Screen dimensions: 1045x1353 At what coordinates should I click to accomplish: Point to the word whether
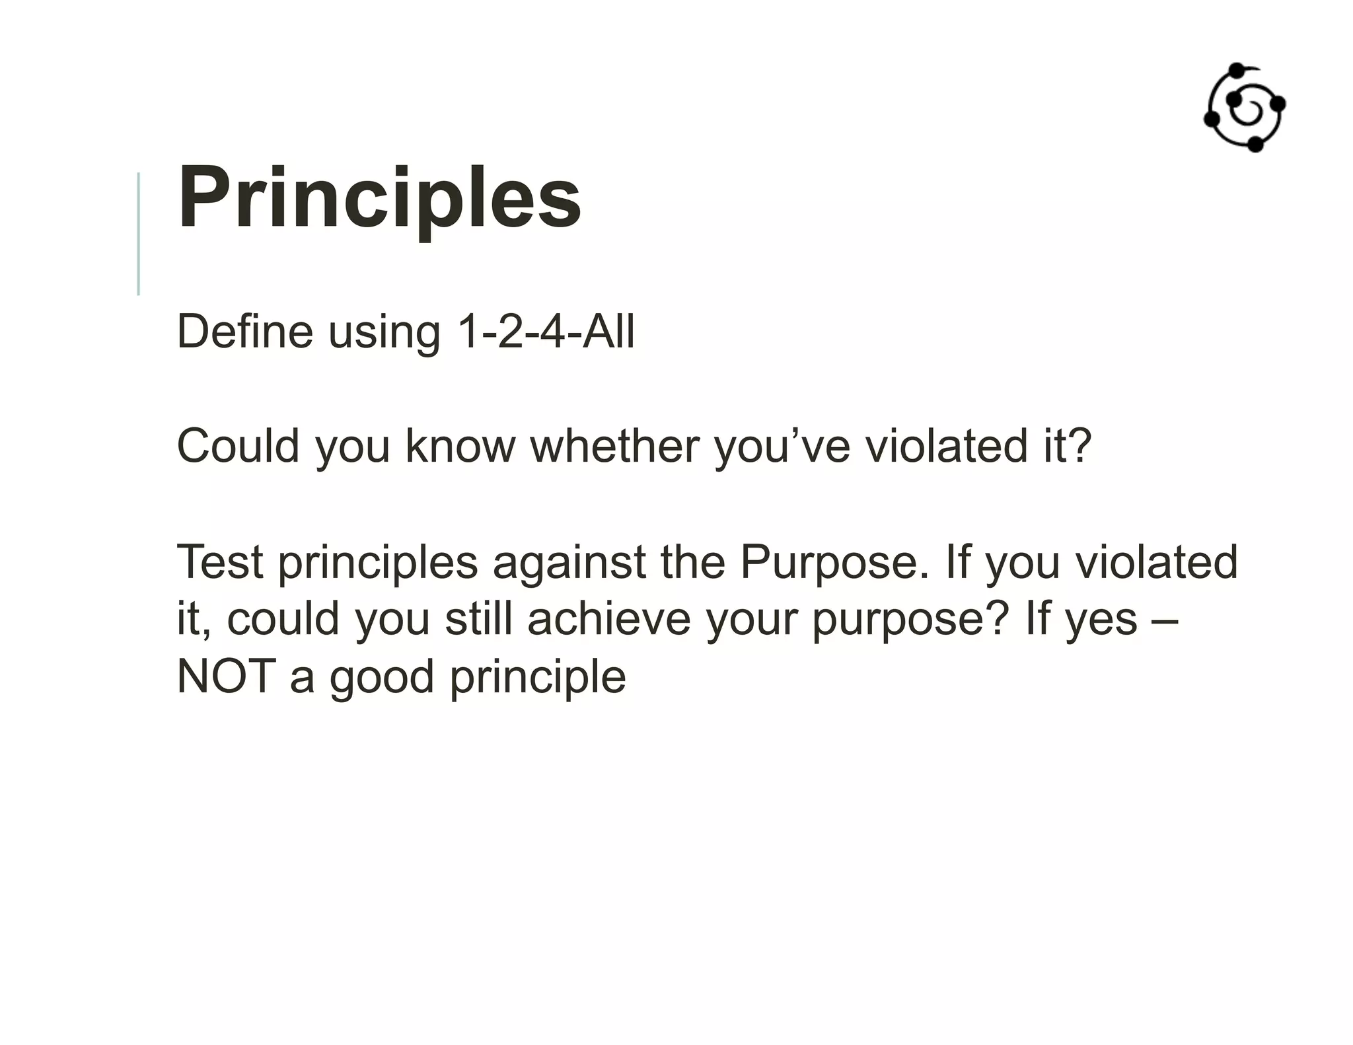point(614,446)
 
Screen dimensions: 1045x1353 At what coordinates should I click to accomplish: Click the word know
point(460,446)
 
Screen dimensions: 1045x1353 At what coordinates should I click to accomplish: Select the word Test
point(220,561)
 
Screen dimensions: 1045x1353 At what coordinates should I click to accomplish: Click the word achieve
point(608,619)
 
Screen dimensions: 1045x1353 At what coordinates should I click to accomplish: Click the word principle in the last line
point(538,678)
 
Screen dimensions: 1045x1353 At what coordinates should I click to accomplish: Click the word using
point(384,332)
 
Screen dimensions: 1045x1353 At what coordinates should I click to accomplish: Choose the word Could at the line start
point(238,446)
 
